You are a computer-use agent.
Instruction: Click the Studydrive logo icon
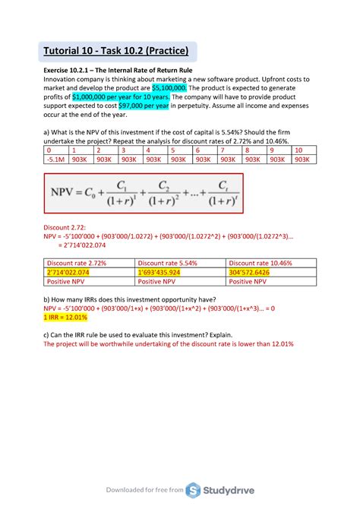193,490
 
